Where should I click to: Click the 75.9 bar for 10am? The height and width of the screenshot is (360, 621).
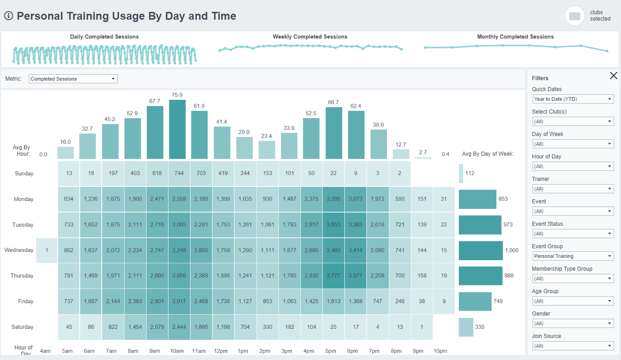pos(177,129)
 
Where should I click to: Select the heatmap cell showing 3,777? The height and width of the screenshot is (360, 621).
pos(333,276)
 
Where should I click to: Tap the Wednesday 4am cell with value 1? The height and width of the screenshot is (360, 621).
pos(47,250)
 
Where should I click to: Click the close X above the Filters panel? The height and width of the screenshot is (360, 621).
pos(613,76)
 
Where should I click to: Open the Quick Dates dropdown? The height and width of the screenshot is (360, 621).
pos(572,99)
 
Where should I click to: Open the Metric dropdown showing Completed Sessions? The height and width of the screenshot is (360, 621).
pos(73,79)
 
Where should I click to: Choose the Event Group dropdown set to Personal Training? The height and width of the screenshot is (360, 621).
pos(572,256)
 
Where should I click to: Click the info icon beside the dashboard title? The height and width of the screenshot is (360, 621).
pos(8,16)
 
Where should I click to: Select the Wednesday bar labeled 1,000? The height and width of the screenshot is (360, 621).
pos(480,251)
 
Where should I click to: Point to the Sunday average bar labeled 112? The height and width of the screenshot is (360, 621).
pos(461,174)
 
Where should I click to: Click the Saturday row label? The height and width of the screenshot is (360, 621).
pos(22,327)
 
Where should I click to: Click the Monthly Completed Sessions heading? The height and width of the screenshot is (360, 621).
pos(515,37)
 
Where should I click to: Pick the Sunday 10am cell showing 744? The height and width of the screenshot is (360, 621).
pos(177,174)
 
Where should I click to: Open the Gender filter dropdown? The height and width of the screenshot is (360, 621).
pos(572,323)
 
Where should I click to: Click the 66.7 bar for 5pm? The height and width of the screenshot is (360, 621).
pos(333,133)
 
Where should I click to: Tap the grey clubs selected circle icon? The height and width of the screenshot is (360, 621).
pos(574,16)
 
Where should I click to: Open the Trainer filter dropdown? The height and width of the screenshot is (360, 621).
pos(572,189)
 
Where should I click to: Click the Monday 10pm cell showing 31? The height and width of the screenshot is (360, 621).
pos(443,199)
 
